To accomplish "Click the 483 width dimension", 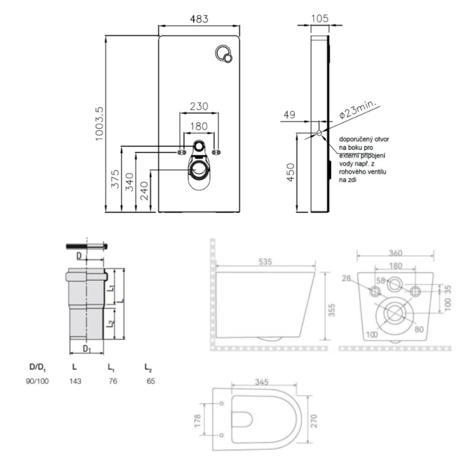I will (x=199, y=19).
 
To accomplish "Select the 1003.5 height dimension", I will (x=99, y=124).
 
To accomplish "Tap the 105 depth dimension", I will (x=319, y=18).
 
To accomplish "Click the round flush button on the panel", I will (x=224, y=55).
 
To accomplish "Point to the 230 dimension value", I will (x=199, y=106).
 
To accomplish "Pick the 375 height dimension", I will (x=115, y=179).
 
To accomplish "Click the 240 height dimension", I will (x=145, y=191).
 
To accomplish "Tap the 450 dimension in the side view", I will (x=290, y=173).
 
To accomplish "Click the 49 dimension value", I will (x=289, y=115).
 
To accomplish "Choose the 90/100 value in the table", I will (x=37, y=381).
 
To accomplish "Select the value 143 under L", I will (x=75, y=381).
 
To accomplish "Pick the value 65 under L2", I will (x=151, y=381).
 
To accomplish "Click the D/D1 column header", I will (x=37, y=367).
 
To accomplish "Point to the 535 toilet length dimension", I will (x=265, y=261).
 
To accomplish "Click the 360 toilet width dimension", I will (x=395, y=253).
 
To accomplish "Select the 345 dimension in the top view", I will (x=261, y=382).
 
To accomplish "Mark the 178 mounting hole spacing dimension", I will (x=198, y=420).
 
